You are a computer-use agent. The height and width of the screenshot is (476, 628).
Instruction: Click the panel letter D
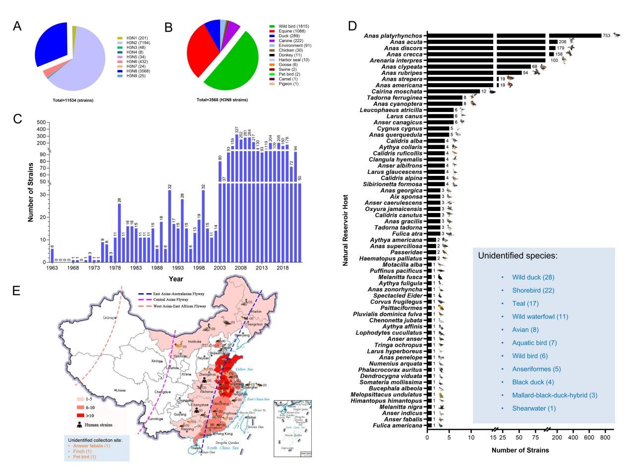[x=353, y=26]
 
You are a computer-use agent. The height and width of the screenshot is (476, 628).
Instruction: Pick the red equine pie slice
[x=200, y=50]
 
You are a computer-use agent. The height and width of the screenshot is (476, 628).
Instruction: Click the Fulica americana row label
[x=398, y=425]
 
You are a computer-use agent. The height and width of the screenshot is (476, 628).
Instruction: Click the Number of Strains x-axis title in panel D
[x=520, y=450]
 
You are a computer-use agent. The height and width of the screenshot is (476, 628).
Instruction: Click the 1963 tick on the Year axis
[x=52, y=268]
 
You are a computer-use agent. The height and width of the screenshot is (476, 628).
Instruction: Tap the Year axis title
[x=175, y=279]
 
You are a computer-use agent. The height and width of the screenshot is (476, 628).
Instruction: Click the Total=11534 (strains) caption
[x=73, y=100]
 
